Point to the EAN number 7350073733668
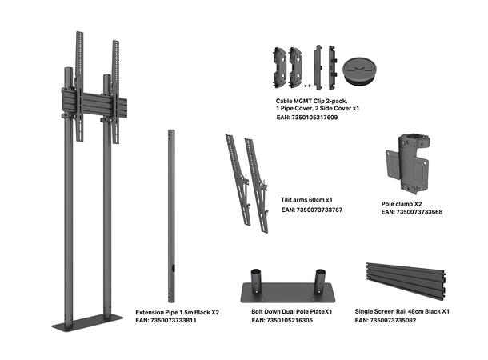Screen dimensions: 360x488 [x=411, y=213]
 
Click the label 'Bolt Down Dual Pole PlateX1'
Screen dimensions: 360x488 [x=292, y=310]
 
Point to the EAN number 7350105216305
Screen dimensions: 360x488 [x=282, y=320]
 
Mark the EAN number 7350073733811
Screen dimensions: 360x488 [x=165, y=320]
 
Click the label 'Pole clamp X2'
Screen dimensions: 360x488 [x=402, y=204]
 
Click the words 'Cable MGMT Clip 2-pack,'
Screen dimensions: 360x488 [x=308, y=100]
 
